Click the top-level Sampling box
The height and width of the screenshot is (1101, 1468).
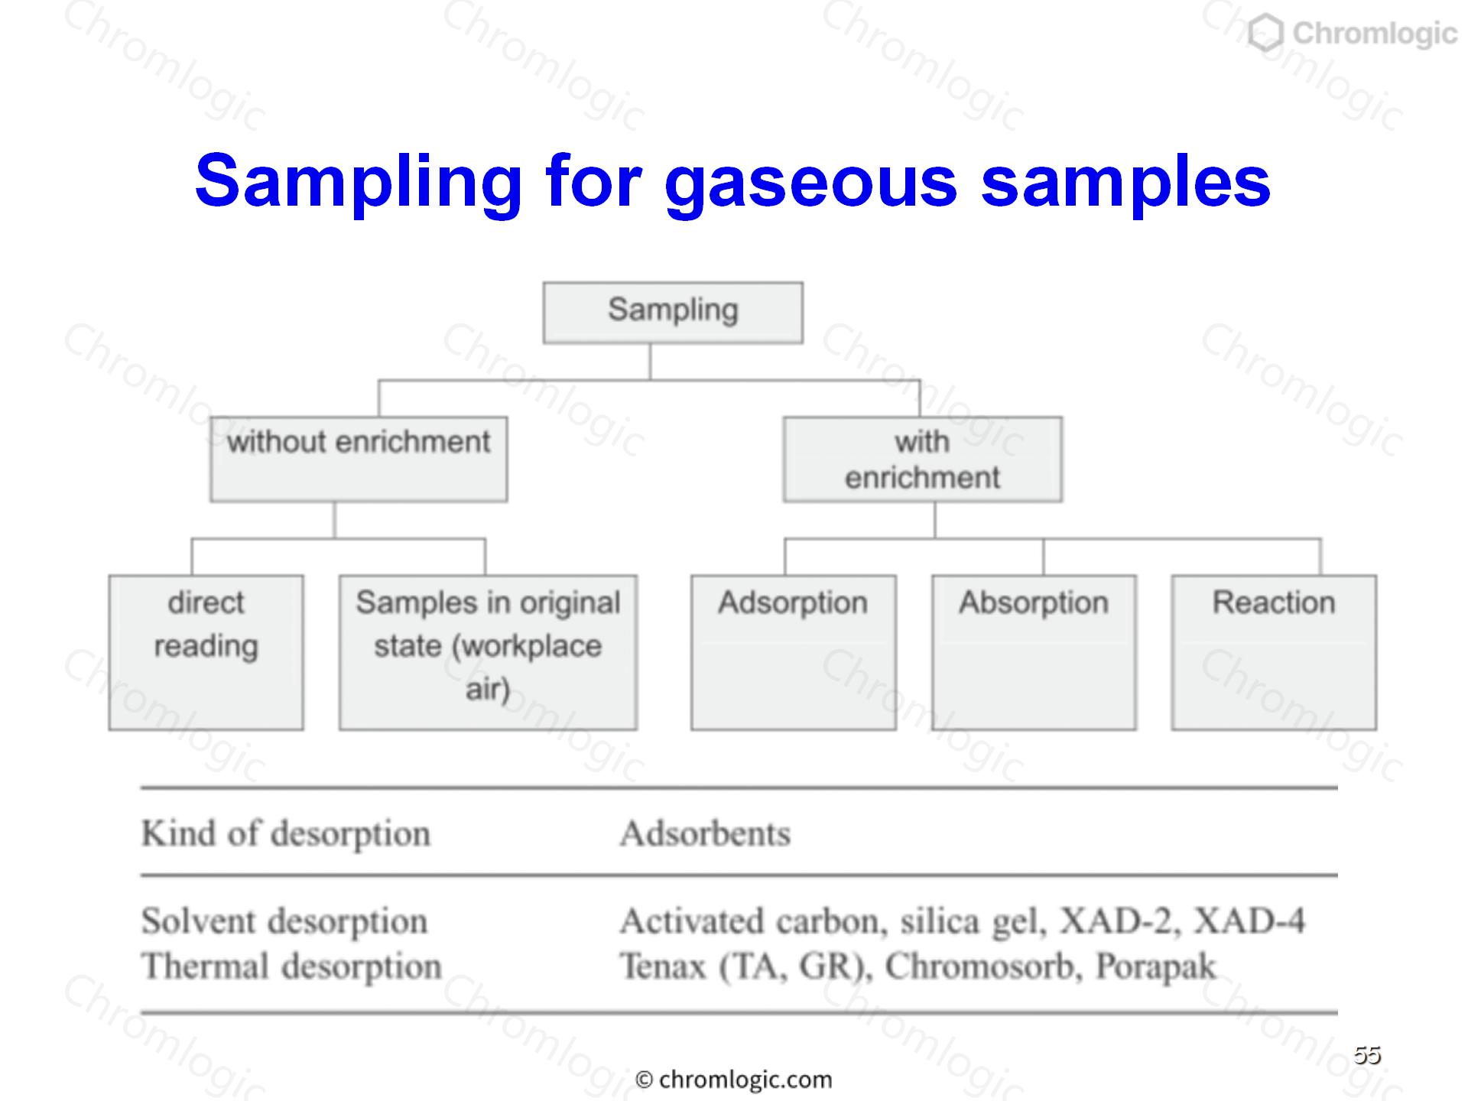673,313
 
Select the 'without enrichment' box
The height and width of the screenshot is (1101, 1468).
359,459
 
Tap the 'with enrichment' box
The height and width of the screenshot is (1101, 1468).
922,459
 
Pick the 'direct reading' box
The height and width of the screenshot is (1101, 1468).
206,652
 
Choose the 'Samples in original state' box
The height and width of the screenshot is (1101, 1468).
488,652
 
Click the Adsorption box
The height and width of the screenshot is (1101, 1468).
794,652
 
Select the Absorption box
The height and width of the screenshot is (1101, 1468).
1034,652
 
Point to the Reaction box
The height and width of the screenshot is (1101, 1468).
1274,652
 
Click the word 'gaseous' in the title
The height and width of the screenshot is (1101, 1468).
811,183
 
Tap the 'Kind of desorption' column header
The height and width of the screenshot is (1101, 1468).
286,833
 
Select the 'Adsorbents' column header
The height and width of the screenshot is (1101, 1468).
705,833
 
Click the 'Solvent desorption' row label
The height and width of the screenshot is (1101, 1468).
284,921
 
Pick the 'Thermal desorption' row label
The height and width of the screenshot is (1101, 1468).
291,966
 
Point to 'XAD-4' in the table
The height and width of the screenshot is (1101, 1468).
1249,921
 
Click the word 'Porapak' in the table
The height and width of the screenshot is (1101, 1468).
1155,966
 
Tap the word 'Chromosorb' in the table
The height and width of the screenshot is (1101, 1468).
983,966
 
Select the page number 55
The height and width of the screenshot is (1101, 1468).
1367,1054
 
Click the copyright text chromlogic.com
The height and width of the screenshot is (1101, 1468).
734,1080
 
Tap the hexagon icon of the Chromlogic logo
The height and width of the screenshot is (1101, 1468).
1265,34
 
